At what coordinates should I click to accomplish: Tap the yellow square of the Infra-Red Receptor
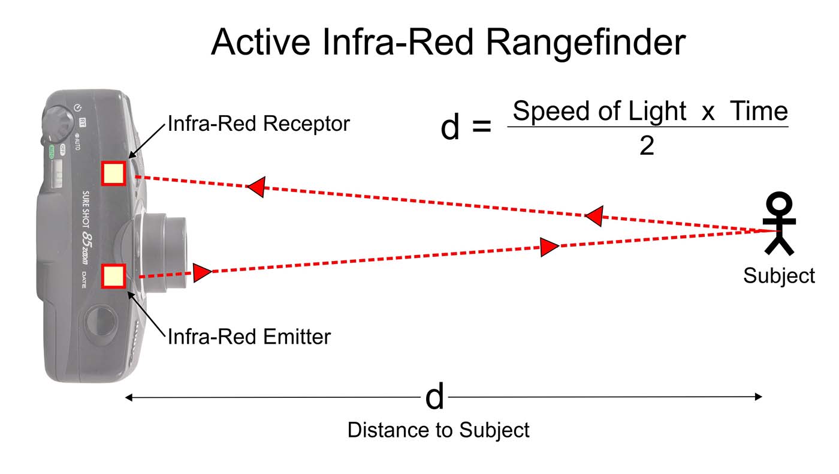[x=113, y=173]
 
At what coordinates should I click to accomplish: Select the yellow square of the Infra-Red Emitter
[x=113, y=277]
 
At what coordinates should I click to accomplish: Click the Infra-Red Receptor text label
[x=258, y=124]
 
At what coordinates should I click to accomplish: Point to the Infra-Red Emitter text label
[x=249, y=336]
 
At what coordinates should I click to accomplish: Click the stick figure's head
[x=780, y=203]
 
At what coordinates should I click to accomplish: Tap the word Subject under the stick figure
[x=779, y=275]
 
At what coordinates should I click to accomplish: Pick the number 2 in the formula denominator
[x=647, y=145]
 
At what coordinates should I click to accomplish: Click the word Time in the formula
[x=759, y=111]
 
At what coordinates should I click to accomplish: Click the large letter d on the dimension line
[x=434, y=397]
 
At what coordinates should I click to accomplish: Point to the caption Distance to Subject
[x=439, y=430]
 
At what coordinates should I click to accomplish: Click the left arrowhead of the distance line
[x=128, y=397]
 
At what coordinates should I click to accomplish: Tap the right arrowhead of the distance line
[x=758, y=397]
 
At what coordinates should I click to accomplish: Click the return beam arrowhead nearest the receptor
[x=256, y=187]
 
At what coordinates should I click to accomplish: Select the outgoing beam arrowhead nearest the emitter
[x=202, y=272]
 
